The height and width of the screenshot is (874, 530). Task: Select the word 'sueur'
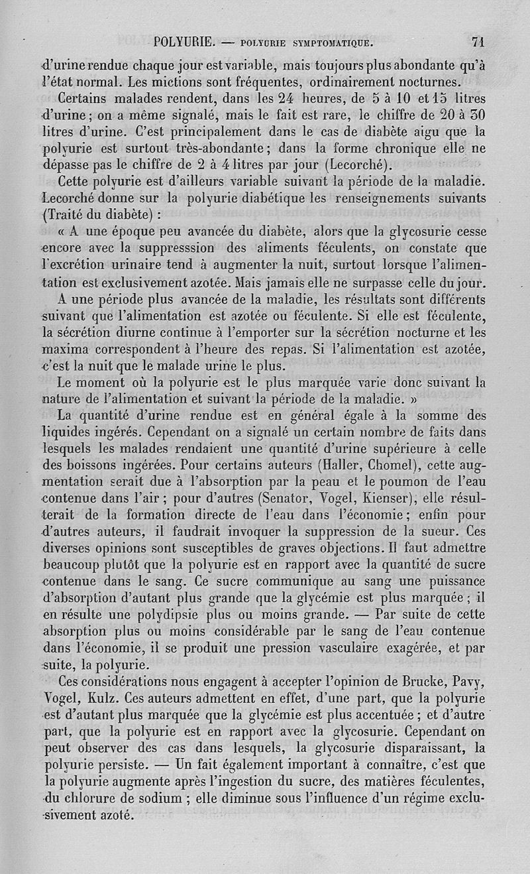(x=440, y=531)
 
